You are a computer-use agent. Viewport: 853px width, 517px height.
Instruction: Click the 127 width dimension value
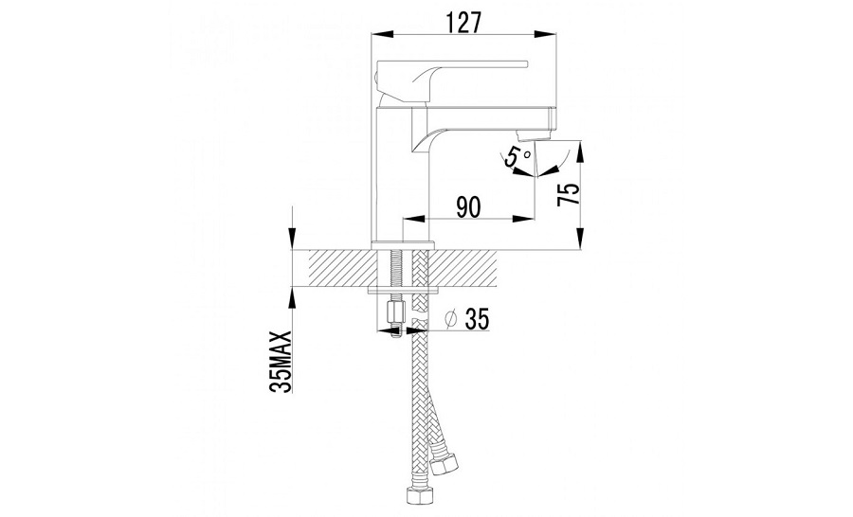click(463, 23)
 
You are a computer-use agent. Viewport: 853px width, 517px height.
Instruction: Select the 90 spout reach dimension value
click(468, 207)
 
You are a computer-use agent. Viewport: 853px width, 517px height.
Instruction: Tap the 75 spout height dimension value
click(570, 195)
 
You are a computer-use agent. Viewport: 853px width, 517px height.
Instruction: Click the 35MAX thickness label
click(281, 361)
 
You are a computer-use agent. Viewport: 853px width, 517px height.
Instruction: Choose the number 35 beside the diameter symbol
click(477, 319)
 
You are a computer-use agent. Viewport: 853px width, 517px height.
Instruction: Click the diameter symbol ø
click(450, 319)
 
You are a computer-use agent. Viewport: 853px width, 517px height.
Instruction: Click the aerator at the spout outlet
click(525, 134)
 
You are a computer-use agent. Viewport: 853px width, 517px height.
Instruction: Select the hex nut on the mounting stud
click(393, 312)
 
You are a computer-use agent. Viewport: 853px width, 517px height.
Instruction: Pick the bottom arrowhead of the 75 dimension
click(581, 239)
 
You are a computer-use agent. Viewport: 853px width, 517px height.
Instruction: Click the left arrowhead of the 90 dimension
click(413, 219)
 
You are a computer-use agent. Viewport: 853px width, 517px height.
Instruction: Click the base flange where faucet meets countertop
click(403, 244)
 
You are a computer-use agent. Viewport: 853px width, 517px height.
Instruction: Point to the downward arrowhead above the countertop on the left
click(292, 239)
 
